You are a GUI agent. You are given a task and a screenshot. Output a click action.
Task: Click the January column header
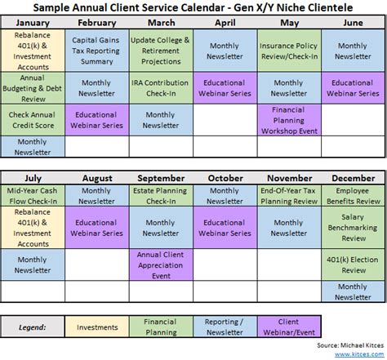coord(32,23)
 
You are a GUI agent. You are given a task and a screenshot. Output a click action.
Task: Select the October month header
coord(225,178)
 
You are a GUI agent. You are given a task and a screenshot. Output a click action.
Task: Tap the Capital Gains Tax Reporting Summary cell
coord(96,51)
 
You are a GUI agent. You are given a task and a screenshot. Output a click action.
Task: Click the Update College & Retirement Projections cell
coord(161,51)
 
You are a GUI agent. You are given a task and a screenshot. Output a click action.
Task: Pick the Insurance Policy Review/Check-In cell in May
coord(289,51)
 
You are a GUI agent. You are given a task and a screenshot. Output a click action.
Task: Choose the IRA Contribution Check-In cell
coord(161,88)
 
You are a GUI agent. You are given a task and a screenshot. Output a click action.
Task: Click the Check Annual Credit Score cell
coord(32,120)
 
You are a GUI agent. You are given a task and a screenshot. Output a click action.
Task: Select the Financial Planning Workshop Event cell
coord(289,120)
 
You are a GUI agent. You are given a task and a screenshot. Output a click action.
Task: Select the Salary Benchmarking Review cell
coord(353,228)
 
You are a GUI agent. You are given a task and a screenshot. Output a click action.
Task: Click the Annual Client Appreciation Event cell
coord(161,264)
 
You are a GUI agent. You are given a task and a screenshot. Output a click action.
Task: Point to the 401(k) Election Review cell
coord(353,264)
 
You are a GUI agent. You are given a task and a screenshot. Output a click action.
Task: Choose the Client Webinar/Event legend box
coord(289,327)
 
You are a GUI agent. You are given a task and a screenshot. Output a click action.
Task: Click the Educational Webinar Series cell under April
coord(225,88)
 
